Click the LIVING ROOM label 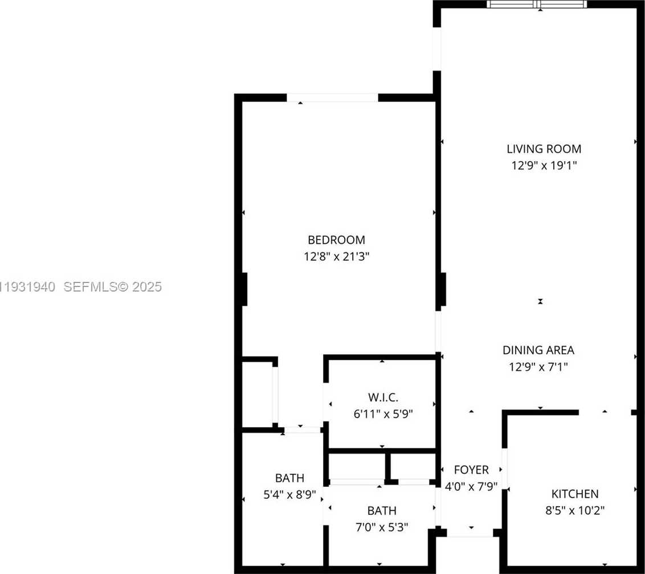544,149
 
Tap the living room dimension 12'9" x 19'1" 544,166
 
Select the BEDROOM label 337,240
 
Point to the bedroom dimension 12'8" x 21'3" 337,257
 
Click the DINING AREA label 538,350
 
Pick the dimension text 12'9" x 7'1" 538,367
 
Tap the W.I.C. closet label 383,397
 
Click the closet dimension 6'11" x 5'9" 383,414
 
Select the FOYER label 471,470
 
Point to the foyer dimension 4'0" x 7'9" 471,486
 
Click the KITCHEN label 575,494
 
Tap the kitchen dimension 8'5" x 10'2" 575,511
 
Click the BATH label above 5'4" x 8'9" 289,478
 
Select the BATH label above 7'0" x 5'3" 382,511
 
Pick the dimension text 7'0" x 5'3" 382,527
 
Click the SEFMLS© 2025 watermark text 113,287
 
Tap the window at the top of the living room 537,4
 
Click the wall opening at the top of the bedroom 332,98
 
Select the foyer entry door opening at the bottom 470,533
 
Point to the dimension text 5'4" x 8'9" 289,495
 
